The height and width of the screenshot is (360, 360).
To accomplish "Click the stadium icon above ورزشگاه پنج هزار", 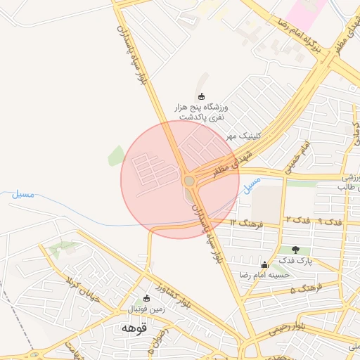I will tap(202, 96).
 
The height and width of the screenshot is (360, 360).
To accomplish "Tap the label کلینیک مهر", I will tap(240, 135).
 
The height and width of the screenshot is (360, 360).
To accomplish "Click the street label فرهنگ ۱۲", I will tap(245, 224).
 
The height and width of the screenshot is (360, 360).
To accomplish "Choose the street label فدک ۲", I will tap(293, 221).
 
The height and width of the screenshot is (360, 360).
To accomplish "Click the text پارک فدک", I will tap(295, 261).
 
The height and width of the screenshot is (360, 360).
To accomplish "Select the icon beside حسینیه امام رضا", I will tap(264, 264).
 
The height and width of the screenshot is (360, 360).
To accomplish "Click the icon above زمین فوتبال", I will tap(146, 298).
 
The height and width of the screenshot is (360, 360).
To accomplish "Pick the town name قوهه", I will tap(133, 328).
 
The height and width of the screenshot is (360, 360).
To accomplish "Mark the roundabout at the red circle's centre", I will tap(188, 181).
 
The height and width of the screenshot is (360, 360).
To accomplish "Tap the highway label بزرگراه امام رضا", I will tap(297, 32).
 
